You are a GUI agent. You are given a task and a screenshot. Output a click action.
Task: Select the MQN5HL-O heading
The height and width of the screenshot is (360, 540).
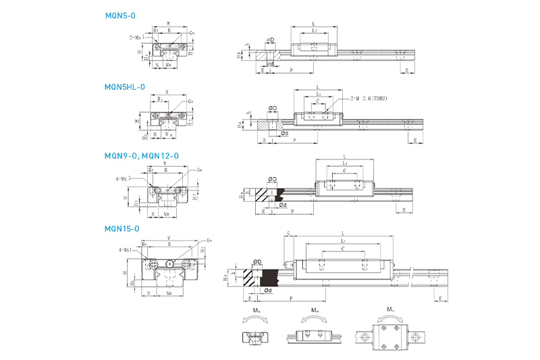click(x=125, y=86)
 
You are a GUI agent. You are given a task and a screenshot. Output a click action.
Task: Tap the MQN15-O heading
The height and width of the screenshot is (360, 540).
click(x=122, y=228)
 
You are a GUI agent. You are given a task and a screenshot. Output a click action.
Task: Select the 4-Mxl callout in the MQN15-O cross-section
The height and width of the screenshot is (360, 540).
click(x=125, y=251)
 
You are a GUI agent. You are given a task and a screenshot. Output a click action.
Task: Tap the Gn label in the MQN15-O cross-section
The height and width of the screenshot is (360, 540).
click(x=210, y=240)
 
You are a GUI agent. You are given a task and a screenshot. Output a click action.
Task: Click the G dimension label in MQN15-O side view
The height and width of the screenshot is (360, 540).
click(x=288, y=233)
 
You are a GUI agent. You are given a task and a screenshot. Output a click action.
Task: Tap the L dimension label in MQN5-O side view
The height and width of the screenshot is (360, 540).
click(x=315, y=24)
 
